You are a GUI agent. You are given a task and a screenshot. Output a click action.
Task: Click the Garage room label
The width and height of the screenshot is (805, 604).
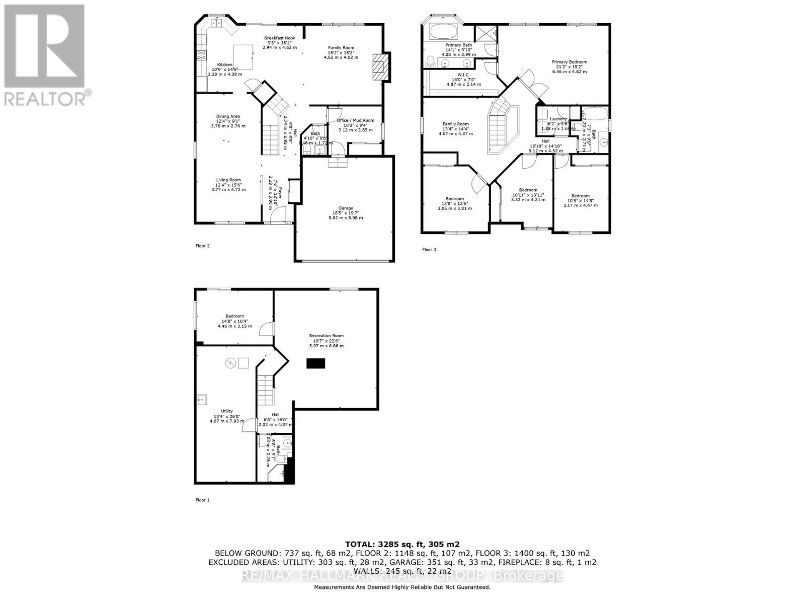pyautogui.click(x=345, y=208)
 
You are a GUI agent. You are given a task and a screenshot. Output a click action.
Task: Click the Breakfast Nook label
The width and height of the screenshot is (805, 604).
pyautogui.click(x=280, y=38)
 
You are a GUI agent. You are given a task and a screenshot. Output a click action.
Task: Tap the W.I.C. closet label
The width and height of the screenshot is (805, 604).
pyautogui.click(x=463, y=75)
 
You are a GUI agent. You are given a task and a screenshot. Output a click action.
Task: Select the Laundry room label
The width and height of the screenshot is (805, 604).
pyautogui.click(x=558, y=119)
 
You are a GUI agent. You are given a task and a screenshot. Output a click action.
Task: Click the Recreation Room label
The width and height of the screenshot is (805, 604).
pyautogui.click(x=327, y=336)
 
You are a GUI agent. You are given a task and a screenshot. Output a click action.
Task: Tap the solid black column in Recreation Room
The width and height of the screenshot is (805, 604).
pyautogui.click(x=316, y=363)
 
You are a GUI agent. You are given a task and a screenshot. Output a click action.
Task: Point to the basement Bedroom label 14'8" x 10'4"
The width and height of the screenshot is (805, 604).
pyautogui.click(x=234, y=316)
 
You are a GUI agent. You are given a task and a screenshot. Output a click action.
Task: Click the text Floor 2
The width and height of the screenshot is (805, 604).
pyautogui.click(x=202, y=246)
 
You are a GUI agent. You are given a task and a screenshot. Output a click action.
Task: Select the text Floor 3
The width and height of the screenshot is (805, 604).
pyautogui.click(x=429, y=250)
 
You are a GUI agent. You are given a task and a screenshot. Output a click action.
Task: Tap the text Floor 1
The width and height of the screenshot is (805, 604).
pyautogui.click(x=202, y=500)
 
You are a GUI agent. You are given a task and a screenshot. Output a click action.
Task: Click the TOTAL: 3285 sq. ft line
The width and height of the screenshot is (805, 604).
pyautogui.click(x=402, y=544)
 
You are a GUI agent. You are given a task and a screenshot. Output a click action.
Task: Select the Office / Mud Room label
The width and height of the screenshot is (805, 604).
pyautogui.click(x=355, y=120)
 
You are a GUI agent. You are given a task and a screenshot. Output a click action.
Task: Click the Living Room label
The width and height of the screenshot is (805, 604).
pyautogui.click(x=228, y=180)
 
